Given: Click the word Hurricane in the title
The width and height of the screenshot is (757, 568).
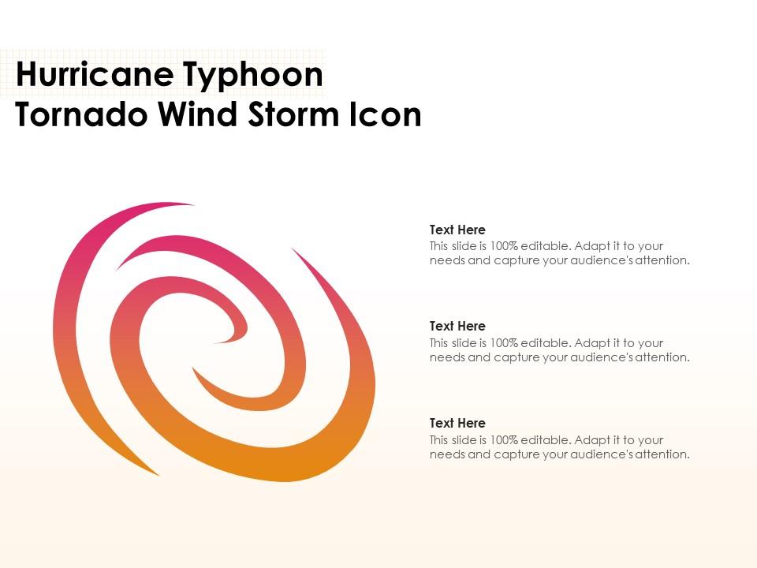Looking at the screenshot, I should tap(94, 76).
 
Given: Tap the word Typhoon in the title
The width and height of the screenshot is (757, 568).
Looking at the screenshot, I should tap(254, 76).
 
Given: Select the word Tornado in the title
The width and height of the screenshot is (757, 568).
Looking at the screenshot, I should tap(81, 115).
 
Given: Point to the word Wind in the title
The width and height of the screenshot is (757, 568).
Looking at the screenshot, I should tap(196, 115).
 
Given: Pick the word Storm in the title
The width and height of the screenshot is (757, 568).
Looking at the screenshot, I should tap(291, 115).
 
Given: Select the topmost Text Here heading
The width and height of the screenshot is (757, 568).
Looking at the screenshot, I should tap(457, 230).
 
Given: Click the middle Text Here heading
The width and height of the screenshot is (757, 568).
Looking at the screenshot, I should tap(457, 326).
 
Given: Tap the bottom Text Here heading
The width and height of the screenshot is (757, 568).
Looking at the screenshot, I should tap(457, 423).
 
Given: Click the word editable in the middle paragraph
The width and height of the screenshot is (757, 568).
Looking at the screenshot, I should tap(545, 343).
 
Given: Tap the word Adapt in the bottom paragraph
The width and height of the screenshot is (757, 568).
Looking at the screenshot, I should tap(592, 440).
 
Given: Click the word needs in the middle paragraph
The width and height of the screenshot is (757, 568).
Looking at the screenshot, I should tap(447, 357).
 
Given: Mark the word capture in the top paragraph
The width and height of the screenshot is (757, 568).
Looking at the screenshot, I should tap(516, 260).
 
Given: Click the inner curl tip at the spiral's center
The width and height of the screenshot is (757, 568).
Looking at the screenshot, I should tap(214, 342).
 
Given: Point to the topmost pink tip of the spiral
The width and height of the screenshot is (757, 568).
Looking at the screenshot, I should tap(189, 204).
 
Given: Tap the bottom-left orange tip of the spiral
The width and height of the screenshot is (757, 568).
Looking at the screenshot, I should tap(157, 473).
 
